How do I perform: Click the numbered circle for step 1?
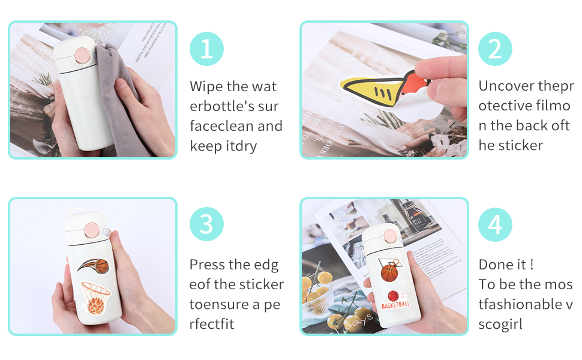click(x=207, y=49)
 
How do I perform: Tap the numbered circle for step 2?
click(x=495, y=49)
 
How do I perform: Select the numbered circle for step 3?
click(x=207, y=224)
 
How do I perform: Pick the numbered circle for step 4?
click(x=495, y=224)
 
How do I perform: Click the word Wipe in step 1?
click(x=206, y=86)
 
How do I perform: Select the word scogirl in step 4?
click(x=500, y=325)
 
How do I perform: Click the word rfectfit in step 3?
click(x=212, y=324)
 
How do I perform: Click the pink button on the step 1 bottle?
click(x=82, y=56)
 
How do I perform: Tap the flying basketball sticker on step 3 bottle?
click(x=94, y=266)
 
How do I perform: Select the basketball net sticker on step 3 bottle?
click(x=95, y=298)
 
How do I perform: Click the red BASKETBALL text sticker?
click(x=395, y=301)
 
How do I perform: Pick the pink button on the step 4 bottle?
click(x=391, y=236)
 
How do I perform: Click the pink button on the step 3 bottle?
click(x=91, y=230)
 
